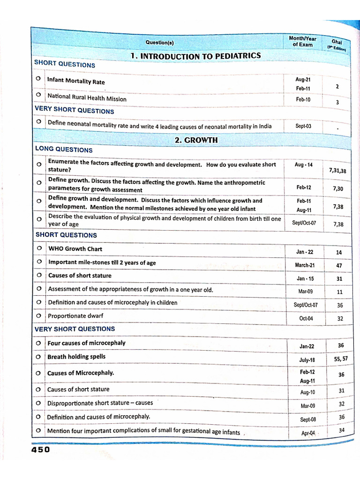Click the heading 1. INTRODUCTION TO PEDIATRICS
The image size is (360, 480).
pyautogui.click(x=195, y=56)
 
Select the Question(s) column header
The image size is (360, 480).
pyautogui.click(x=159, y=43)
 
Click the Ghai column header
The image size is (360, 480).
pyautogui.click(x=337, y=44)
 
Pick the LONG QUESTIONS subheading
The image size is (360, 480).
pyautogui.click(x=64, y=150)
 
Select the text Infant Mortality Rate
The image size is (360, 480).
pyautogui.click(x=76, y=81)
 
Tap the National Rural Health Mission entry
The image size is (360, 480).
pyautogui.click(x=87, y=97)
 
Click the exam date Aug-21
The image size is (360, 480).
pyautogui.click(x=303, y=80)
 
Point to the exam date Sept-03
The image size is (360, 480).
pyautogui.click(x=303, y=126)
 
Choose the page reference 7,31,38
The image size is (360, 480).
pyautogui.click(x=337, y=171)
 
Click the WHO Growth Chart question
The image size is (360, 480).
pyautogui.click(x=75, y=248)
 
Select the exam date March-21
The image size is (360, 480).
pyautogui.click(x=305, y=265)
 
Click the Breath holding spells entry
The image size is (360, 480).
pyautogui.click(x=76, y=357)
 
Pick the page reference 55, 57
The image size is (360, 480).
pyautogui.click(x=341, y=359)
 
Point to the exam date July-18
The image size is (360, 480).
pyautogui.click(x=307, y=360)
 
